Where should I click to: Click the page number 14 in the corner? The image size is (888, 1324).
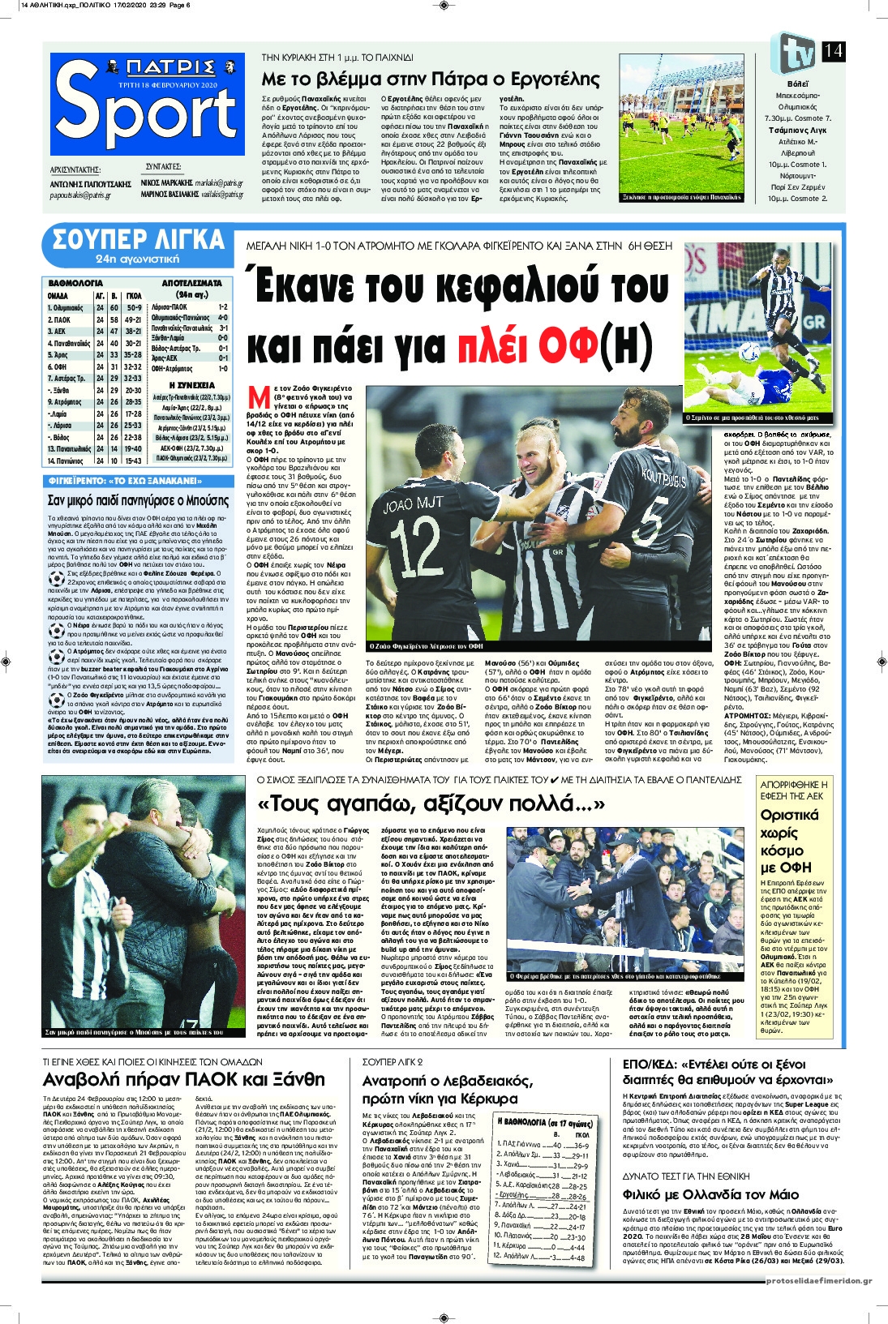coord(833,51)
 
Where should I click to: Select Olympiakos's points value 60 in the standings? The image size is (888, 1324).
coord(114,308)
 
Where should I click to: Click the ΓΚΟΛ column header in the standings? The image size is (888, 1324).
coord(134,296)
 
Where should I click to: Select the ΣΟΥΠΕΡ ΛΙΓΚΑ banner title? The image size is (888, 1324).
coord(138,240)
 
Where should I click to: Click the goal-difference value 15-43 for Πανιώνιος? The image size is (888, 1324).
coord(134,461)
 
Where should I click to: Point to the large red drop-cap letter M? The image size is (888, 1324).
coord(259,398)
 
